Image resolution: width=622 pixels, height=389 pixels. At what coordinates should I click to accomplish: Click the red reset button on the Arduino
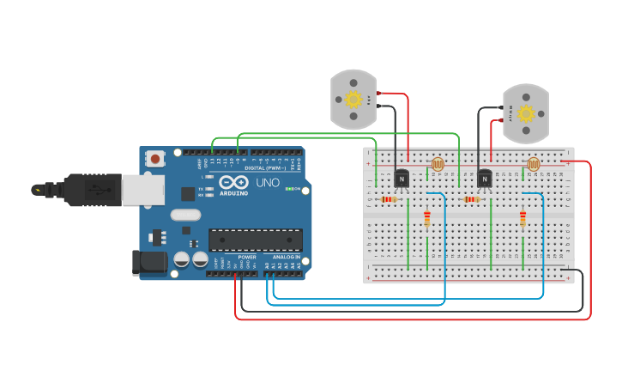[155, 158]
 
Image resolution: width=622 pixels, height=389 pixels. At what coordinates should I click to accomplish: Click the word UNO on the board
[268, 183]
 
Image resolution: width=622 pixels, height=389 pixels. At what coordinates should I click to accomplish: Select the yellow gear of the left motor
[353, 99]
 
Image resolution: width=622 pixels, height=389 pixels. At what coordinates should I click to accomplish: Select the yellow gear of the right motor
[525, 113]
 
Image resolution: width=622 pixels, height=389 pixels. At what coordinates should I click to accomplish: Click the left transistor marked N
[402, 178]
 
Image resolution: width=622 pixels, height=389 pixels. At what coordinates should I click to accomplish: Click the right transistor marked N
[485, 178]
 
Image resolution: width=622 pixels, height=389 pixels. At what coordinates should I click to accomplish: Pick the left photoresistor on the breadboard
[438, 163]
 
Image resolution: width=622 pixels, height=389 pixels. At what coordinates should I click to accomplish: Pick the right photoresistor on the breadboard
[534, 163]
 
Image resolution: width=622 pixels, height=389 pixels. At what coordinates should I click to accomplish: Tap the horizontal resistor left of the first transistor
[388, 200]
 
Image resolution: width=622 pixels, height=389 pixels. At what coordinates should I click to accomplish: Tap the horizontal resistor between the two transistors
[470, 200]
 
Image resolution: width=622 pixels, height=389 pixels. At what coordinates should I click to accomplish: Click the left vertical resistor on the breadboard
[427, 220]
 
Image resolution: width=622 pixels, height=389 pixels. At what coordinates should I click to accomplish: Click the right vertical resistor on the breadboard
[522, 220]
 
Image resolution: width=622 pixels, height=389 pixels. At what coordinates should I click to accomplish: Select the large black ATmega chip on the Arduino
[255, 240]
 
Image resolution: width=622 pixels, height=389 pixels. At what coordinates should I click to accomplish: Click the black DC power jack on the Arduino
[148, 263]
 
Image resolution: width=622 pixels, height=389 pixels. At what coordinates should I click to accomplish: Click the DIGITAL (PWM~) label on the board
[266, 168]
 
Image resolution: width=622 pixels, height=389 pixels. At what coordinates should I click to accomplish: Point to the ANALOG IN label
[287, 258]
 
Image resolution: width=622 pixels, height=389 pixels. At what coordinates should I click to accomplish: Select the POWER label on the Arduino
[247, 258]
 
